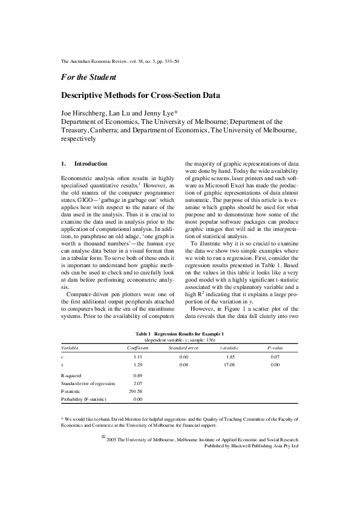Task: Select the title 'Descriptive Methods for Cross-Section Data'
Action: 141,96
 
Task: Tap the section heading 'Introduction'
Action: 91,164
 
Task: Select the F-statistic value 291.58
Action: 135,392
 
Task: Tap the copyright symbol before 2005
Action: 103,436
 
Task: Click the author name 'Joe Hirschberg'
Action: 83,113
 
